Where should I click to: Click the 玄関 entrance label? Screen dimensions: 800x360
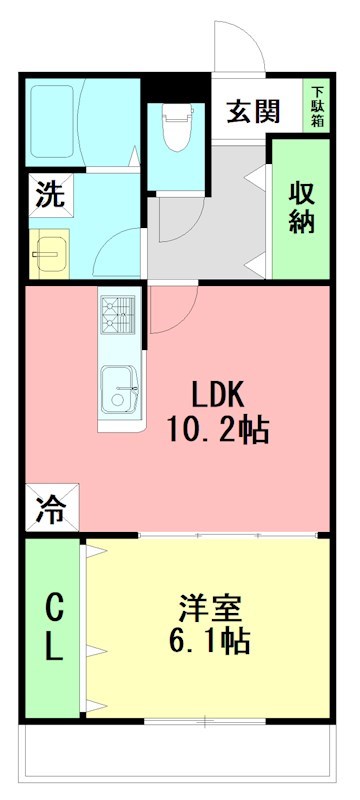pyautogui.click(x=252, y=112)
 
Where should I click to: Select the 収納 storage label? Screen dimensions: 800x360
pyautogui.click(x=302, y=208)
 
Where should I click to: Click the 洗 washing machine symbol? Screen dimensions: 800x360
pyautogui.click(x=47, y=194)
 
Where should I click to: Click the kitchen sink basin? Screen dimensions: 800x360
pyautogui.click(x=122, y=388)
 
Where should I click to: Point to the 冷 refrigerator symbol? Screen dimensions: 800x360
pyautogui.click(x=49, y=511)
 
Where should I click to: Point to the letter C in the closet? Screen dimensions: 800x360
pyautogui.click(x=53, y=606)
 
